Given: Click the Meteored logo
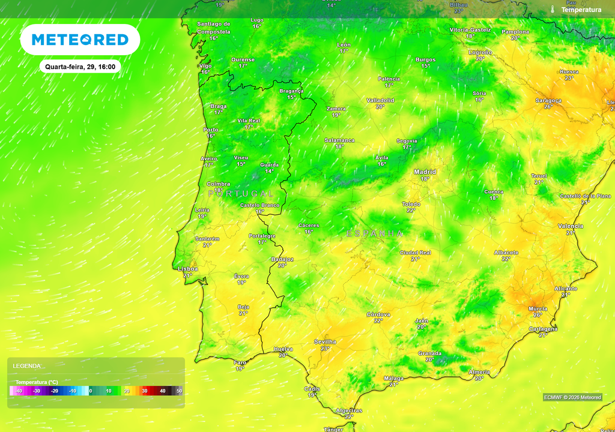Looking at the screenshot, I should click(80, 40).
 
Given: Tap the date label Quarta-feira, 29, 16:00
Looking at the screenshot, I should click(80, 67).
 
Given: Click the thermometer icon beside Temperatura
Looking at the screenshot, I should click(553, 10).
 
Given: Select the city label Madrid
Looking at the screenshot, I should click(425, 172).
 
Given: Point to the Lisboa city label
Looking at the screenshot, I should click(188, 269).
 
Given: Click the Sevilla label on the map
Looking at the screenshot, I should click(325, 342).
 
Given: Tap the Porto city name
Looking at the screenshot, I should click(211, 130).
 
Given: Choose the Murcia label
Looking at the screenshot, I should click(538, 308).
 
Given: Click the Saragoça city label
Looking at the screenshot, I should click(548, 100).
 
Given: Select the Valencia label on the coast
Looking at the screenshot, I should click(570, 226).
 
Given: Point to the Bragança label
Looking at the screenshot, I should click(291, 91).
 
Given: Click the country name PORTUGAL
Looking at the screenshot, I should click(241, 194).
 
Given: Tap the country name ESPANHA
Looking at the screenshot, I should click(375, 233).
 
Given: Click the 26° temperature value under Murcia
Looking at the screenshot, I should click(538, 315).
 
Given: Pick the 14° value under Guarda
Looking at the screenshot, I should click(269, 171).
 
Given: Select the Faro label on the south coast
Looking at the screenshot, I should click(240, 362).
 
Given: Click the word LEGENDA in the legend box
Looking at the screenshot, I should click(27, 365).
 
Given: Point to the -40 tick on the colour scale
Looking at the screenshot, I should click(19, 391).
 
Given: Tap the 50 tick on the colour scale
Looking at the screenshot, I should click(179, 391).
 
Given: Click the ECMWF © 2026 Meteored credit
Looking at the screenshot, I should click(572, 397).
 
